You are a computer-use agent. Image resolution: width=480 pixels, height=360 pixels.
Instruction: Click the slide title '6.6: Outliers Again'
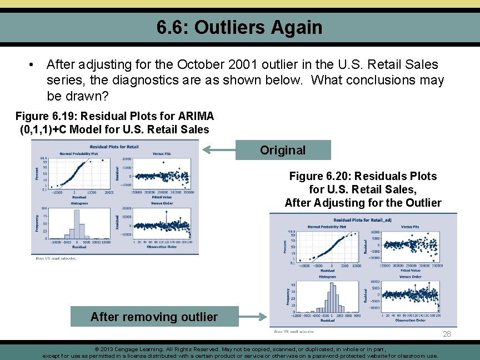tap(239, 27)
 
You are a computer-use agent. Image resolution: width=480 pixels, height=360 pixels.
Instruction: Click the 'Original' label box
tap(283, 150)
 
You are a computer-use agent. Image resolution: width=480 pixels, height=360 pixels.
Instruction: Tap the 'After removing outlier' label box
tap(154, 317)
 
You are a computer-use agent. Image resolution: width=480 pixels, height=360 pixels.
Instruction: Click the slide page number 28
tap(447, 334)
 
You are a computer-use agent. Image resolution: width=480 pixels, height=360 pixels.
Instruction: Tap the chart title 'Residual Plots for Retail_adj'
tap(363, 221)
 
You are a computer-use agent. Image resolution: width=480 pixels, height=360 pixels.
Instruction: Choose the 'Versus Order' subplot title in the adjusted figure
tap(409, 276)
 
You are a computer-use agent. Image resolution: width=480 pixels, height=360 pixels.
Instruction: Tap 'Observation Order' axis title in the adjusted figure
tap(410, 320)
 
